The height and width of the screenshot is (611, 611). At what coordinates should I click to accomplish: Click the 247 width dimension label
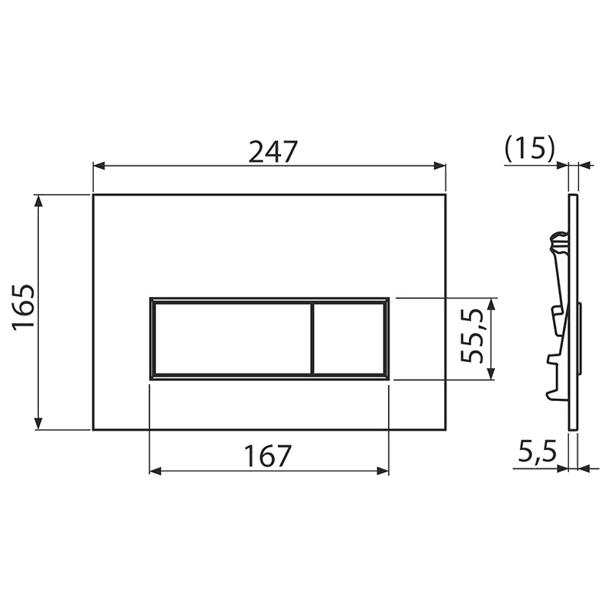273,151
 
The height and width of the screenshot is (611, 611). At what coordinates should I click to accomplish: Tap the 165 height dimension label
24,307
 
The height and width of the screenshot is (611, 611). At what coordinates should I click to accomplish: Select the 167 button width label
268,456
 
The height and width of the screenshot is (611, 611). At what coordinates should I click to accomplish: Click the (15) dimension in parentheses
529,149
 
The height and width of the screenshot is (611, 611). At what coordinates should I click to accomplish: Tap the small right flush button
349,338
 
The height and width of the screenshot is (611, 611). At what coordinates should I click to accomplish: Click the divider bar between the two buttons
312,338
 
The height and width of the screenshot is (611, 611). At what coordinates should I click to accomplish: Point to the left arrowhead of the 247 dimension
99,166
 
